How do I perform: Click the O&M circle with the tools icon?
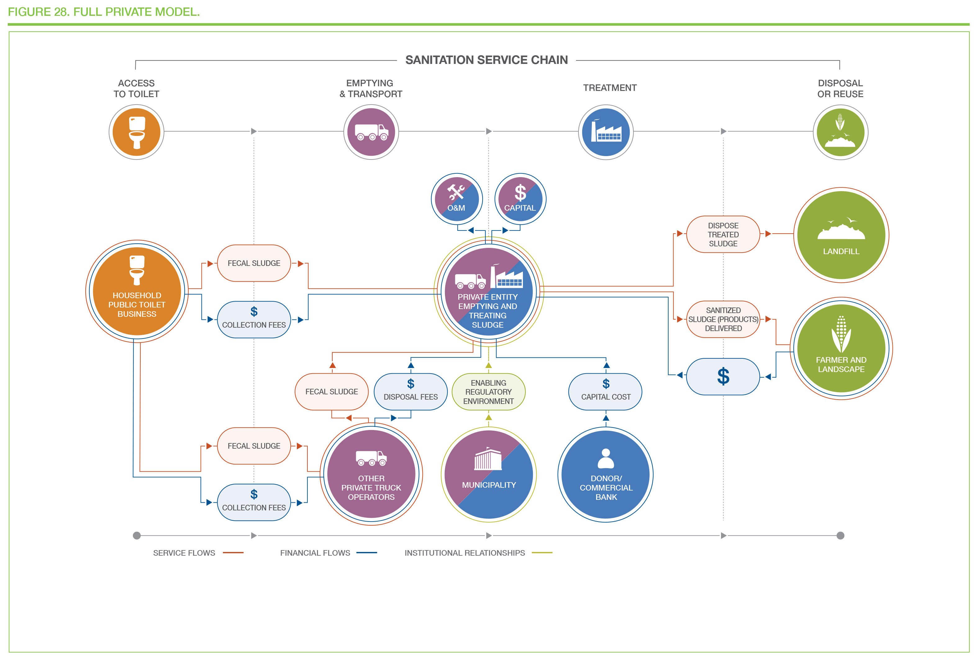click(456, 199)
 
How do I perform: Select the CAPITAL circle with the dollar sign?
click(520, 199)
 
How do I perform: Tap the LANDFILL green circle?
click(841, 235)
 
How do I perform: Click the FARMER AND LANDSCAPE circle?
click(841, 348)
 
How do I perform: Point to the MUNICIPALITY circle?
click(489, 474)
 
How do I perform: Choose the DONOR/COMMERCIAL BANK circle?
click(606, 474)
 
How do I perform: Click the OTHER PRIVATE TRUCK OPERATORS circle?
click(371, 474)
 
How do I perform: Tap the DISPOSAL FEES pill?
click(411, 392)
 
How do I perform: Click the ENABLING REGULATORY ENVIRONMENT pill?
click(488, 392)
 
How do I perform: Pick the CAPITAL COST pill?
click(605, 392)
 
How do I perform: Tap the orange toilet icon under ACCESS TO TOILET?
click(136, 132)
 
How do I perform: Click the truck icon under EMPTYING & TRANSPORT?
click(371, 132)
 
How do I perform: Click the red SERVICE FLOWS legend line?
click(233, 553)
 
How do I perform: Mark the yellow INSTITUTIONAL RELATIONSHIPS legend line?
click(542, 553)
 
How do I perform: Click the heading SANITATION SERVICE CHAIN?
click(487, 60)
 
